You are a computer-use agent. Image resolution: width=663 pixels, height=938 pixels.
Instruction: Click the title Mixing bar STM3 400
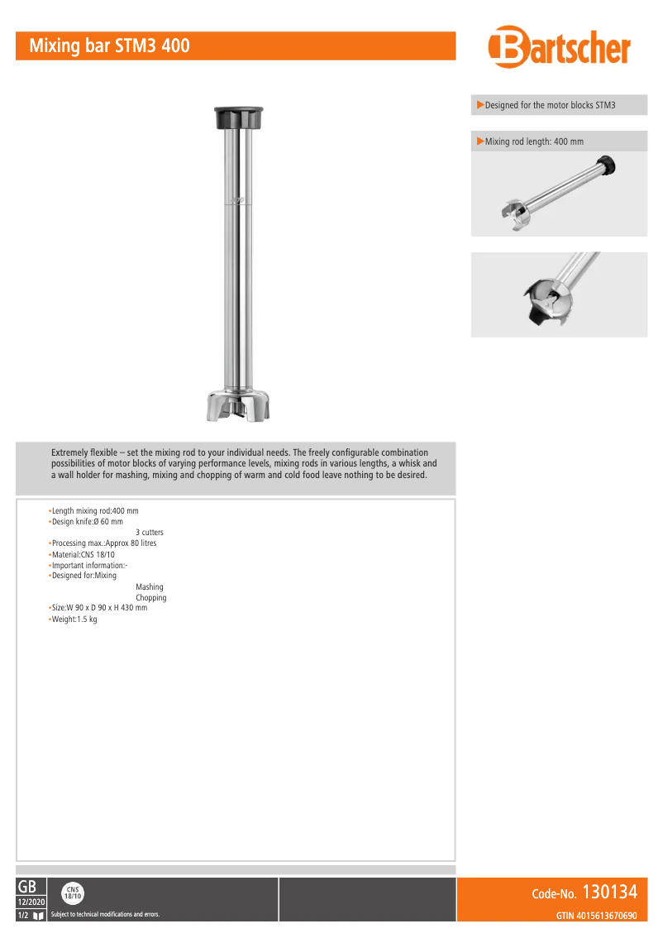tap(110, 46)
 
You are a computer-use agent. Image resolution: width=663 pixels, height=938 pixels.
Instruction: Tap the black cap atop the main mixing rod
tap(239, 117)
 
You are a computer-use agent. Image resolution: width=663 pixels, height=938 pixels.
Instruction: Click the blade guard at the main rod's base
tap(238, 405)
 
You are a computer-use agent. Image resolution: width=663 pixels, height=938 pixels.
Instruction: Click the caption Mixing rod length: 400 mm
tap(534, 141)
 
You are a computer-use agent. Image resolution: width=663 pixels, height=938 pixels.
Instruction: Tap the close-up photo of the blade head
tap(559, 294)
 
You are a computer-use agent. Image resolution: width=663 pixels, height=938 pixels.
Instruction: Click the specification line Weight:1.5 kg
tap(74, 620)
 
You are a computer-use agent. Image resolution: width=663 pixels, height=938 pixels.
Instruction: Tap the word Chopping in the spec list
tap(151, 598)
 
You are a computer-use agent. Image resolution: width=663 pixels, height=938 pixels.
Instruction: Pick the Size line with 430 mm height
tap(99, 608)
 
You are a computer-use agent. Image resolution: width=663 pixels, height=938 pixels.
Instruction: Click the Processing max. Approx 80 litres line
tap(104, 543)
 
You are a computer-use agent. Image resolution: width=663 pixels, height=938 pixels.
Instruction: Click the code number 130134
tap(609, 893)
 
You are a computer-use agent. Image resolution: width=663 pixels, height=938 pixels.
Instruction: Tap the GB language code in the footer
tap(26, 887)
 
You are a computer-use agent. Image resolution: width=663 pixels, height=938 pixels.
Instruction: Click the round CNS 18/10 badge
tap(73, 893)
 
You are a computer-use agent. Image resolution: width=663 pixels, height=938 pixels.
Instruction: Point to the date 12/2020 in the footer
tap(31, 902)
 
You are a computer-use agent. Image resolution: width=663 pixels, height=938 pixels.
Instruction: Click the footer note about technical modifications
tap(105, 915)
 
